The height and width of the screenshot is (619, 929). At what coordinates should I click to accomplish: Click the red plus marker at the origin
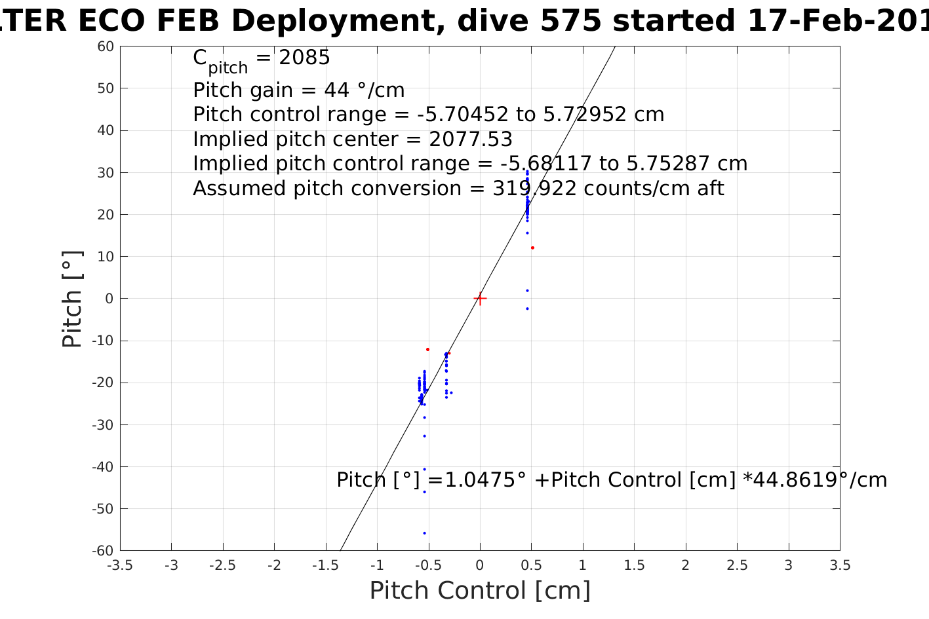(480, 299)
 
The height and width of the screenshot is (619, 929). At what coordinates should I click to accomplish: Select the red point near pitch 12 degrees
(532, 248)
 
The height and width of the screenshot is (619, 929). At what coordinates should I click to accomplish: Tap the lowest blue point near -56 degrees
(425, 533)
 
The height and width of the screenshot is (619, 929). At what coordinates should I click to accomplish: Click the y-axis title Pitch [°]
(72, 299)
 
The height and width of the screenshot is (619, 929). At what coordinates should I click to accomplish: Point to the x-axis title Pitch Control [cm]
(480, 591)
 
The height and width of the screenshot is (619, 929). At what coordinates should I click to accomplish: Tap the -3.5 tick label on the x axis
(119, 565)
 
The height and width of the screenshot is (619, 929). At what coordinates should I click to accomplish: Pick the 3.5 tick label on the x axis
(840, 565)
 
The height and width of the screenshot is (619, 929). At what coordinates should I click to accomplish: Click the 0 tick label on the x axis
(480, 565)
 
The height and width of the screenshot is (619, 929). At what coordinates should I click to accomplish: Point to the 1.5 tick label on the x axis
(634, 565)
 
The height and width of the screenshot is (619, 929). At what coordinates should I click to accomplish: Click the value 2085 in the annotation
(305, 58)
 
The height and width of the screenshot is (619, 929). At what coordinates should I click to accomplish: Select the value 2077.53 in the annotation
(471, 140)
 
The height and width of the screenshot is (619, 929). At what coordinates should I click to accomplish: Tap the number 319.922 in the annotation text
(534, 189)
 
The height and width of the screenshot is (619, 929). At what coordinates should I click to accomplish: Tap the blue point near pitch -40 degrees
(425, 469)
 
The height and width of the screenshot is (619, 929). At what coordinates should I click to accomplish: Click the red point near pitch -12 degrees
(428, 349)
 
